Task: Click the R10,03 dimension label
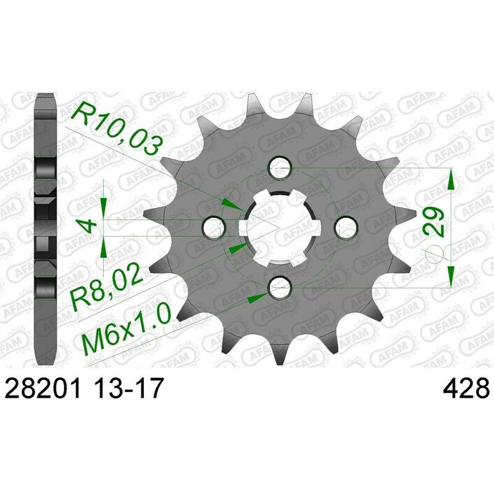point(117,128)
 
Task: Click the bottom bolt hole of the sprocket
point(280,285)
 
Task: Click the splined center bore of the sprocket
point(280,227)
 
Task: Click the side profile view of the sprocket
point(46,228)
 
